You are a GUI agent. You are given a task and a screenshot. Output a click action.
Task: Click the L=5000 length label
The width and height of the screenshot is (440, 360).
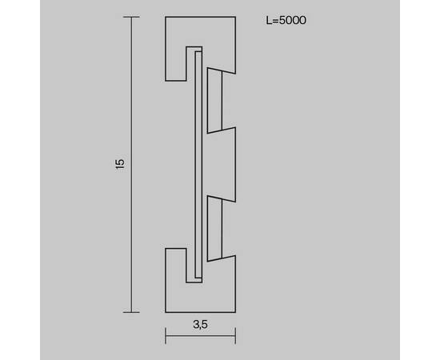pos(286,18)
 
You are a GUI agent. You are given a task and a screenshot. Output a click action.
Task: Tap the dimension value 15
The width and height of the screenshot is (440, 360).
pos(120,164)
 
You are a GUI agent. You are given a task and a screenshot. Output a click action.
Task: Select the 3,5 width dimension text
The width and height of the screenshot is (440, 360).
pos(200,324)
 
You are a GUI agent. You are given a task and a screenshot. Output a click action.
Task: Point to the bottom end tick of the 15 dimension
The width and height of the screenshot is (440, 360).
pos(132,311)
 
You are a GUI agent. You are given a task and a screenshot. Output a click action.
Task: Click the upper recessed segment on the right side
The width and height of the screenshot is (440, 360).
pos(214,100)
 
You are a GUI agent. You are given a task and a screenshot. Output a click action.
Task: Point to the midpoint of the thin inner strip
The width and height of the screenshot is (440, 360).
pos(198,164)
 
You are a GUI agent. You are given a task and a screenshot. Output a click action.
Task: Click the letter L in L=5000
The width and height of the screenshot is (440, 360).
pos(267,18)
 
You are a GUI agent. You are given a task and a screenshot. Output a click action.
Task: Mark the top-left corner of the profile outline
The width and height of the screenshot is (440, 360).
pos(166,17)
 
